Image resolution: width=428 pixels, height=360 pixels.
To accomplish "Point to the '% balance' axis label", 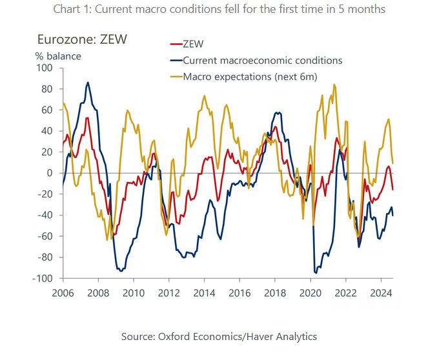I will pos(58,56).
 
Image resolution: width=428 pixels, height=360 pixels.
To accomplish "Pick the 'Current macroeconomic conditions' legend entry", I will pos(262,61).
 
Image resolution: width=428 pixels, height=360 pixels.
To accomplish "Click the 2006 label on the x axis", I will pos(63,292).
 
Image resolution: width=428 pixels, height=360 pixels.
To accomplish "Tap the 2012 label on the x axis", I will pos(168,292).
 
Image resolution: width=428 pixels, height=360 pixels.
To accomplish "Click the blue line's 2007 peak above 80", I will pos(88,82).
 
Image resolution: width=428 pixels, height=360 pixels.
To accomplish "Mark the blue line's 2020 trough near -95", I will pos(316,273).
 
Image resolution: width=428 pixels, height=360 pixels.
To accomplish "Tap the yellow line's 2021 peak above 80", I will pos(334,85).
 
